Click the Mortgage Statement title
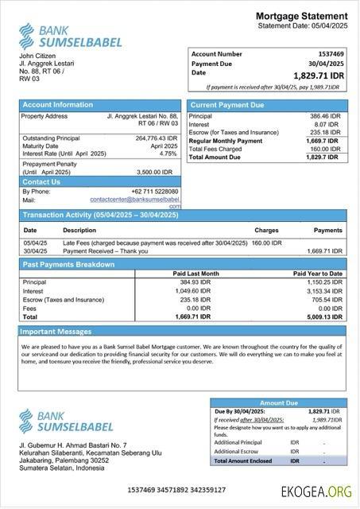click(301, 17)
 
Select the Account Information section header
click(57, 104)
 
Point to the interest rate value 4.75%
click(168, 153)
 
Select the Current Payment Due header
click(226, 104)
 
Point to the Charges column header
click(266, 230)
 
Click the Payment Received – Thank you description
click(106, 251)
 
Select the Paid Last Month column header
click(195, 274)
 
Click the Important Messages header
click(56, 331)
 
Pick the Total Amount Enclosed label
click(244, 460)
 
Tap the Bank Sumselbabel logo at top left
click(55, 35)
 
